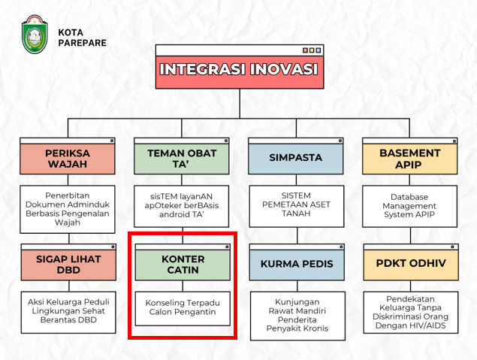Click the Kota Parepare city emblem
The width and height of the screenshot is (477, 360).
click(35, 34)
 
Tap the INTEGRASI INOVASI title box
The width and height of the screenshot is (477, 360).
click(240, 67)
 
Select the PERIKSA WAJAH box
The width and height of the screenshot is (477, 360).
click(67, 156)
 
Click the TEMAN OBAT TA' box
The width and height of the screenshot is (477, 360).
click(182, 156)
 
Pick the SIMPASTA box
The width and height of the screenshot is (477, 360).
click(296, 156)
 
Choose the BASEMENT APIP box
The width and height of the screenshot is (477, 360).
click(410, 156)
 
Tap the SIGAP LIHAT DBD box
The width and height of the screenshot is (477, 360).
click(68, 262)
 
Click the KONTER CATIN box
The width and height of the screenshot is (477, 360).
click(183, 262)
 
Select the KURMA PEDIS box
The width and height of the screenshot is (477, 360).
click(297, 262)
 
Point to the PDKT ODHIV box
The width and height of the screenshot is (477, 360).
click(411, 262)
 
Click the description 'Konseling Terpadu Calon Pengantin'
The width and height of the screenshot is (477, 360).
click(183, 307)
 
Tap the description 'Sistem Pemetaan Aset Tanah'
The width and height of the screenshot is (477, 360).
click(296, 204)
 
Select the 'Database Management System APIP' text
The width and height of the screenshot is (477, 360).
click(409, 206)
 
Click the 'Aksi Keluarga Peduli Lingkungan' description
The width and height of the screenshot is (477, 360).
click(68, 307)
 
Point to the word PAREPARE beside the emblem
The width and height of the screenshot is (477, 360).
click(83, 43)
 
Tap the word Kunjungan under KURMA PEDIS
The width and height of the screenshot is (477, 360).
click(297, 302)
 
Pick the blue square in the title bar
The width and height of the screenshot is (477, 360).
click(319, 50)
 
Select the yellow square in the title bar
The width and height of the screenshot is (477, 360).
click(312, 50)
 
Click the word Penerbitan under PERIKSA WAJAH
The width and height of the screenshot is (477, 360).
click(67, 195)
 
